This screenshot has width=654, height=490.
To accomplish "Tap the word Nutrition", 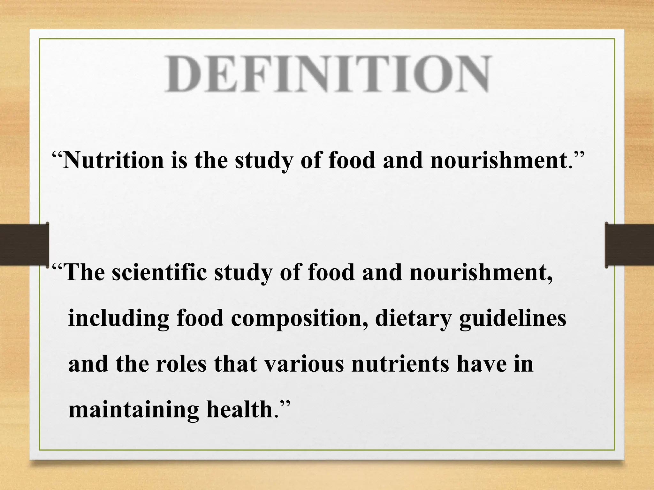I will [113, 160].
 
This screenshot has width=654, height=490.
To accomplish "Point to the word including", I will [118, 319].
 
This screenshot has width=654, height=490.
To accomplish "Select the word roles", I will [181, 364].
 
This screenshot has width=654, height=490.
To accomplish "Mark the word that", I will [236, 364].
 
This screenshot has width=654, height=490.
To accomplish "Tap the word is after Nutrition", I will [179, 160].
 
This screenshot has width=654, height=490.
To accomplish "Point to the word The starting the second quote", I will [85, 273].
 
